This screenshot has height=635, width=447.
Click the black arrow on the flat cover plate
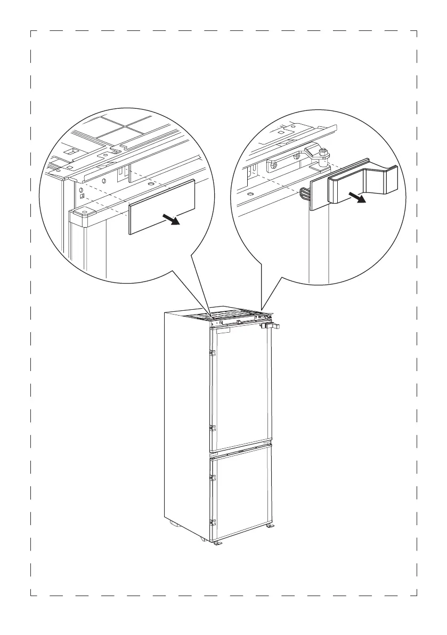(x=172, y=219)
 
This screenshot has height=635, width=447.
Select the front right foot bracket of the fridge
(x=270, y=526)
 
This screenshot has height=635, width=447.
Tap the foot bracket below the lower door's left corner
(x=217, y=544)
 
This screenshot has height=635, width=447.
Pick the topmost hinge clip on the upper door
(x=212, y=352)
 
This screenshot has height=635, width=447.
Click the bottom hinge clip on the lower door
(x=212, y=523)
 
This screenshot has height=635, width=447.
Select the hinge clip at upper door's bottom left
(x=212, y=428)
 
